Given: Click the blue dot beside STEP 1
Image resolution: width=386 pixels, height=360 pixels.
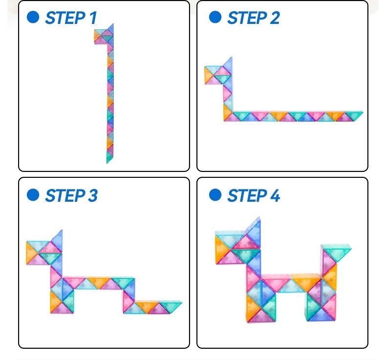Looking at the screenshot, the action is [x=33, y=17].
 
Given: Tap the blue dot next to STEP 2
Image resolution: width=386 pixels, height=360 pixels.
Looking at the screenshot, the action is [x=215, y=17].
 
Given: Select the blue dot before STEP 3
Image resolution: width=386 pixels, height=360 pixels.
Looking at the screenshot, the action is [x=33, y=195].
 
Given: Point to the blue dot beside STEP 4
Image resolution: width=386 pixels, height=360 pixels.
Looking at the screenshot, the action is [x=215, y=195].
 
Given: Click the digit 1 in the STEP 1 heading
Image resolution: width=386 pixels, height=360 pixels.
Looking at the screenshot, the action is [x=93, y=18].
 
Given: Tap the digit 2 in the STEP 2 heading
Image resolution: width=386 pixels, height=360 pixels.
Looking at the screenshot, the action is [x=275, y=18].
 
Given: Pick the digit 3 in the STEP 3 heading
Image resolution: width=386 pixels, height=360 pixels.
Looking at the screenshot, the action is [x=93, y=195].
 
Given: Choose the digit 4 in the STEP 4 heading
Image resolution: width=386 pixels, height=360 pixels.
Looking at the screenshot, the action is [x=275, y=195].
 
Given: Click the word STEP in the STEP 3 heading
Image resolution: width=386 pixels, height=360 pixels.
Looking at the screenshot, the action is [x=65, y=195].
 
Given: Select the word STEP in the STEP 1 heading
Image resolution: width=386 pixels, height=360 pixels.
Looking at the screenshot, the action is [x=65, y=18].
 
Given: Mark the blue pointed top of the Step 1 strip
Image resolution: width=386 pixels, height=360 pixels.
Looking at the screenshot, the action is [x=110, y=29].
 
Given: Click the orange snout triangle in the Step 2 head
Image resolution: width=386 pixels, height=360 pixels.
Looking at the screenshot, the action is [x=208, y=75].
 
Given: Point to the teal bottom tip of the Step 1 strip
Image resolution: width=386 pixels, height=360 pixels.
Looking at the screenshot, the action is [x=109, y=157].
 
